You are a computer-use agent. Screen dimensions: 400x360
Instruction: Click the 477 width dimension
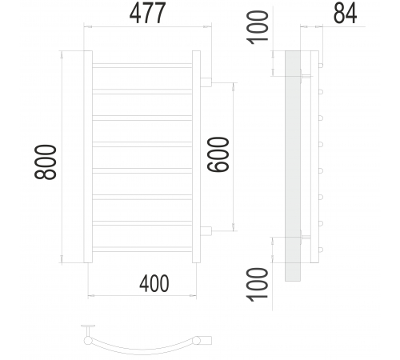147,13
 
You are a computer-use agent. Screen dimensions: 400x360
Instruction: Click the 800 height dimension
46,162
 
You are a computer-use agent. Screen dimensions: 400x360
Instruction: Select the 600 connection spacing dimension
218,154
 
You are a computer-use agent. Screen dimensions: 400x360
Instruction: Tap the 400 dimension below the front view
154,283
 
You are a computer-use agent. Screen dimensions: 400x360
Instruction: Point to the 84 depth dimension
345,14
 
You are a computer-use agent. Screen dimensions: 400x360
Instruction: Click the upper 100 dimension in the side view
258,27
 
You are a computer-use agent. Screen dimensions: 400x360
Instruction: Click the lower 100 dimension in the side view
258,285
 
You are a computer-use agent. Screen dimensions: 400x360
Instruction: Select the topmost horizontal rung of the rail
142,66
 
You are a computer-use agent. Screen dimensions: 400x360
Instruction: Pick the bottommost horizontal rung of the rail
142,250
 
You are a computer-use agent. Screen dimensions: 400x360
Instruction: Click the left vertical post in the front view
88,157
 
